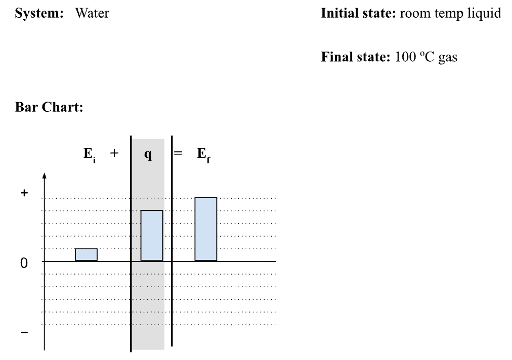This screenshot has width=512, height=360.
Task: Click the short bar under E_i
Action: [x=86, y=254]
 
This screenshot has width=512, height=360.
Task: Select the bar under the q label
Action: [x=152, y=235]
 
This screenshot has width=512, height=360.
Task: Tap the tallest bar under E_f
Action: [x=206, y=229]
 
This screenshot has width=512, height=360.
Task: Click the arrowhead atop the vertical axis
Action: [x=45, y=176]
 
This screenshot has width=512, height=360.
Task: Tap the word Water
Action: [x=92, y=14]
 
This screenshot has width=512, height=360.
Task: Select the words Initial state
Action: [x=359, y=14]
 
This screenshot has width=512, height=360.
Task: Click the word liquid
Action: [x=485, y=14]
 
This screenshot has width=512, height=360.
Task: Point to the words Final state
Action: [x=356, y=57]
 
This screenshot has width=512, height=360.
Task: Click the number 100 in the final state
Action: [x=404, y=57]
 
